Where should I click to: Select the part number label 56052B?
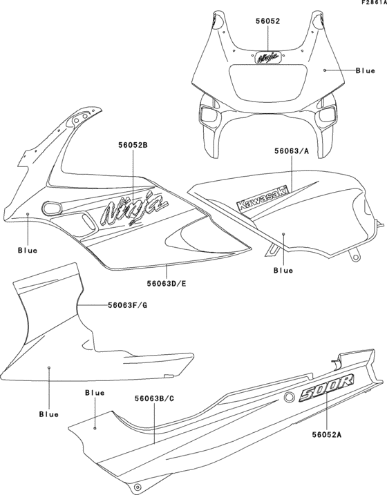tap(133, 146)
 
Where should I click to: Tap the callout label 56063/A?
tap(291, 151)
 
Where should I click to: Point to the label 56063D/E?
tap(169, 282)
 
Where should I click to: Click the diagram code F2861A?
tap(372, 4)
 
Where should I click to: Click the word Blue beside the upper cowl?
tap(365, 70)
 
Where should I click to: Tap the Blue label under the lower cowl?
tap(48, 414)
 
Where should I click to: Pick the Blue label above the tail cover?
tap(95, 392)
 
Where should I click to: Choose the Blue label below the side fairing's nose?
tap(28, 250)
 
